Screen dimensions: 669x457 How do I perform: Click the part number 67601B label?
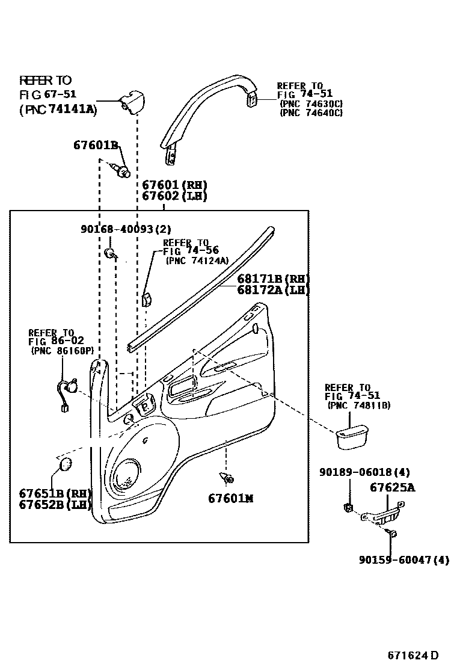(96, 145)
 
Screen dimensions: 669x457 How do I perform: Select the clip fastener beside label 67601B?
(123, 171)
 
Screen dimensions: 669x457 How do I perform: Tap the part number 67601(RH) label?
(174, 185)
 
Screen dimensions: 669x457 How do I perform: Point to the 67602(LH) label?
(174, 196)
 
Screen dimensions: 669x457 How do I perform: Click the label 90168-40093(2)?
(126, 229)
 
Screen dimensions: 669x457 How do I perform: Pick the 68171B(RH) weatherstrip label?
(272, 279)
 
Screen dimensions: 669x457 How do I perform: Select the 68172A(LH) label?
(272, 290)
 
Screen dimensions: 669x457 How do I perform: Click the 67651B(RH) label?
(54, 493)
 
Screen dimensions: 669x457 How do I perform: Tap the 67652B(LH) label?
(54, 505)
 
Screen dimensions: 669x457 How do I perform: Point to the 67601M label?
(231, 498)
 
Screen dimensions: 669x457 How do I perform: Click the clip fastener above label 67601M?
(228, 478)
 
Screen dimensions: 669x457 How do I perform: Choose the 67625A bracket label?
(392, 488)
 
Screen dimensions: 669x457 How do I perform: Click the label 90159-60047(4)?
(404, 560)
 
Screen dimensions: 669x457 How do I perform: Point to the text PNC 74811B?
(359, 406)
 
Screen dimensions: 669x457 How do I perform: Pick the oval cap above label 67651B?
(64, 464)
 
